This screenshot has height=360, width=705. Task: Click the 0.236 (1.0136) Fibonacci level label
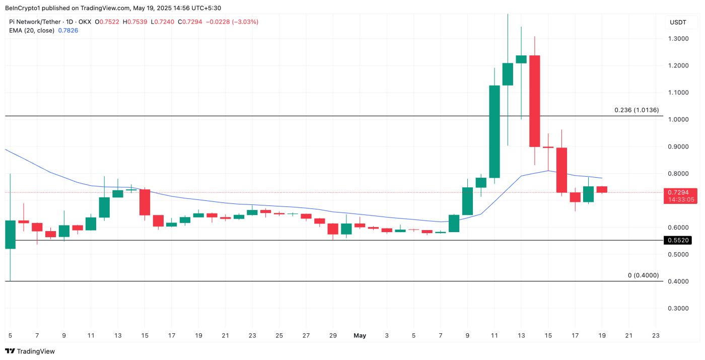tap(636, 110)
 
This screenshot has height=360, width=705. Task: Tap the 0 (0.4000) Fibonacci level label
tap(643, 275)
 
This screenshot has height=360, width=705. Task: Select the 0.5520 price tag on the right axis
tap(678, 241)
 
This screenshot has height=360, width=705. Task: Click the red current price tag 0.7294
tap(678, 192)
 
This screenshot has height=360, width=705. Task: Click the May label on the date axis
tap(360, 335)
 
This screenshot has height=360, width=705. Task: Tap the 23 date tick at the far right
tap(655, 335)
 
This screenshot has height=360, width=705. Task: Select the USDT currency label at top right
tap(678, 22)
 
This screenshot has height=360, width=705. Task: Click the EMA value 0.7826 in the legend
tap(68, 30)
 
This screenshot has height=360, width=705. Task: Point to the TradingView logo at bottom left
tap(30, 351)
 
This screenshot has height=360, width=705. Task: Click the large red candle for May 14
tap(534, 101)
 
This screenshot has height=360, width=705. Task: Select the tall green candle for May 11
tap(494, 131)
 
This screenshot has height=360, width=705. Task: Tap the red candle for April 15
tap(145, 202)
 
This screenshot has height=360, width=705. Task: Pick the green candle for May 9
tap(467, 201)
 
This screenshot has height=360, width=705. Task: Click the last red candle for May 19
tap(601, 189)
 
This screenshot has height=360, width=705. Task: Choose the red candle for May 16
tap(561, 170)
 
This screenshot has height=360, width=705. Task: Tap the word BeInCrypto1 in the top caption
tap(23, 8)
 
